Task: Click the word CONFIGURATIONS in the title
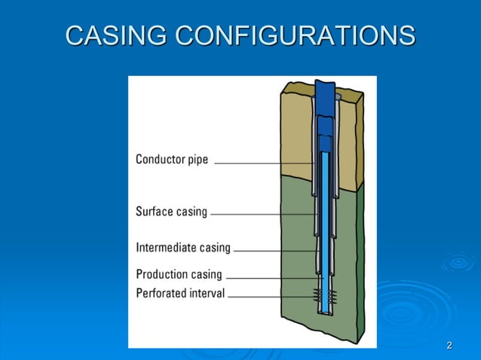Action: pyautogui.click(x=295, y=35)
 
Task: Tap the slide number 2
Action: pyautogui.click(x=449, y=346)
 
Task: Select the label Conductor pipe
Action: pyautogui.click(x=172, y=160)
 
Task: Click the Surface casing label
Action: pyautogui.click(x=171, y=212)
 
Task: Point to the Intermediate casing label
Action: pyautogui.click(x=183, y=247)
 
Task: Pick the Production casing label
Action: pyautogui.click(x=179, y=274)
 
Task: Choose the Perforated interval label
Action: pyautogui.click(x=180, y=293)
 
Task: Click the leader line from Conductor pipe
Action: pyautogui.click(x=264, y=163)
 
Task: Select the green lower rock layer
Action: pyautogui.click(x=294, y=316)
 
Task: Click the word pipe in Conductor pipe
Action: pyautogui.click(x=196, y=160)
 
